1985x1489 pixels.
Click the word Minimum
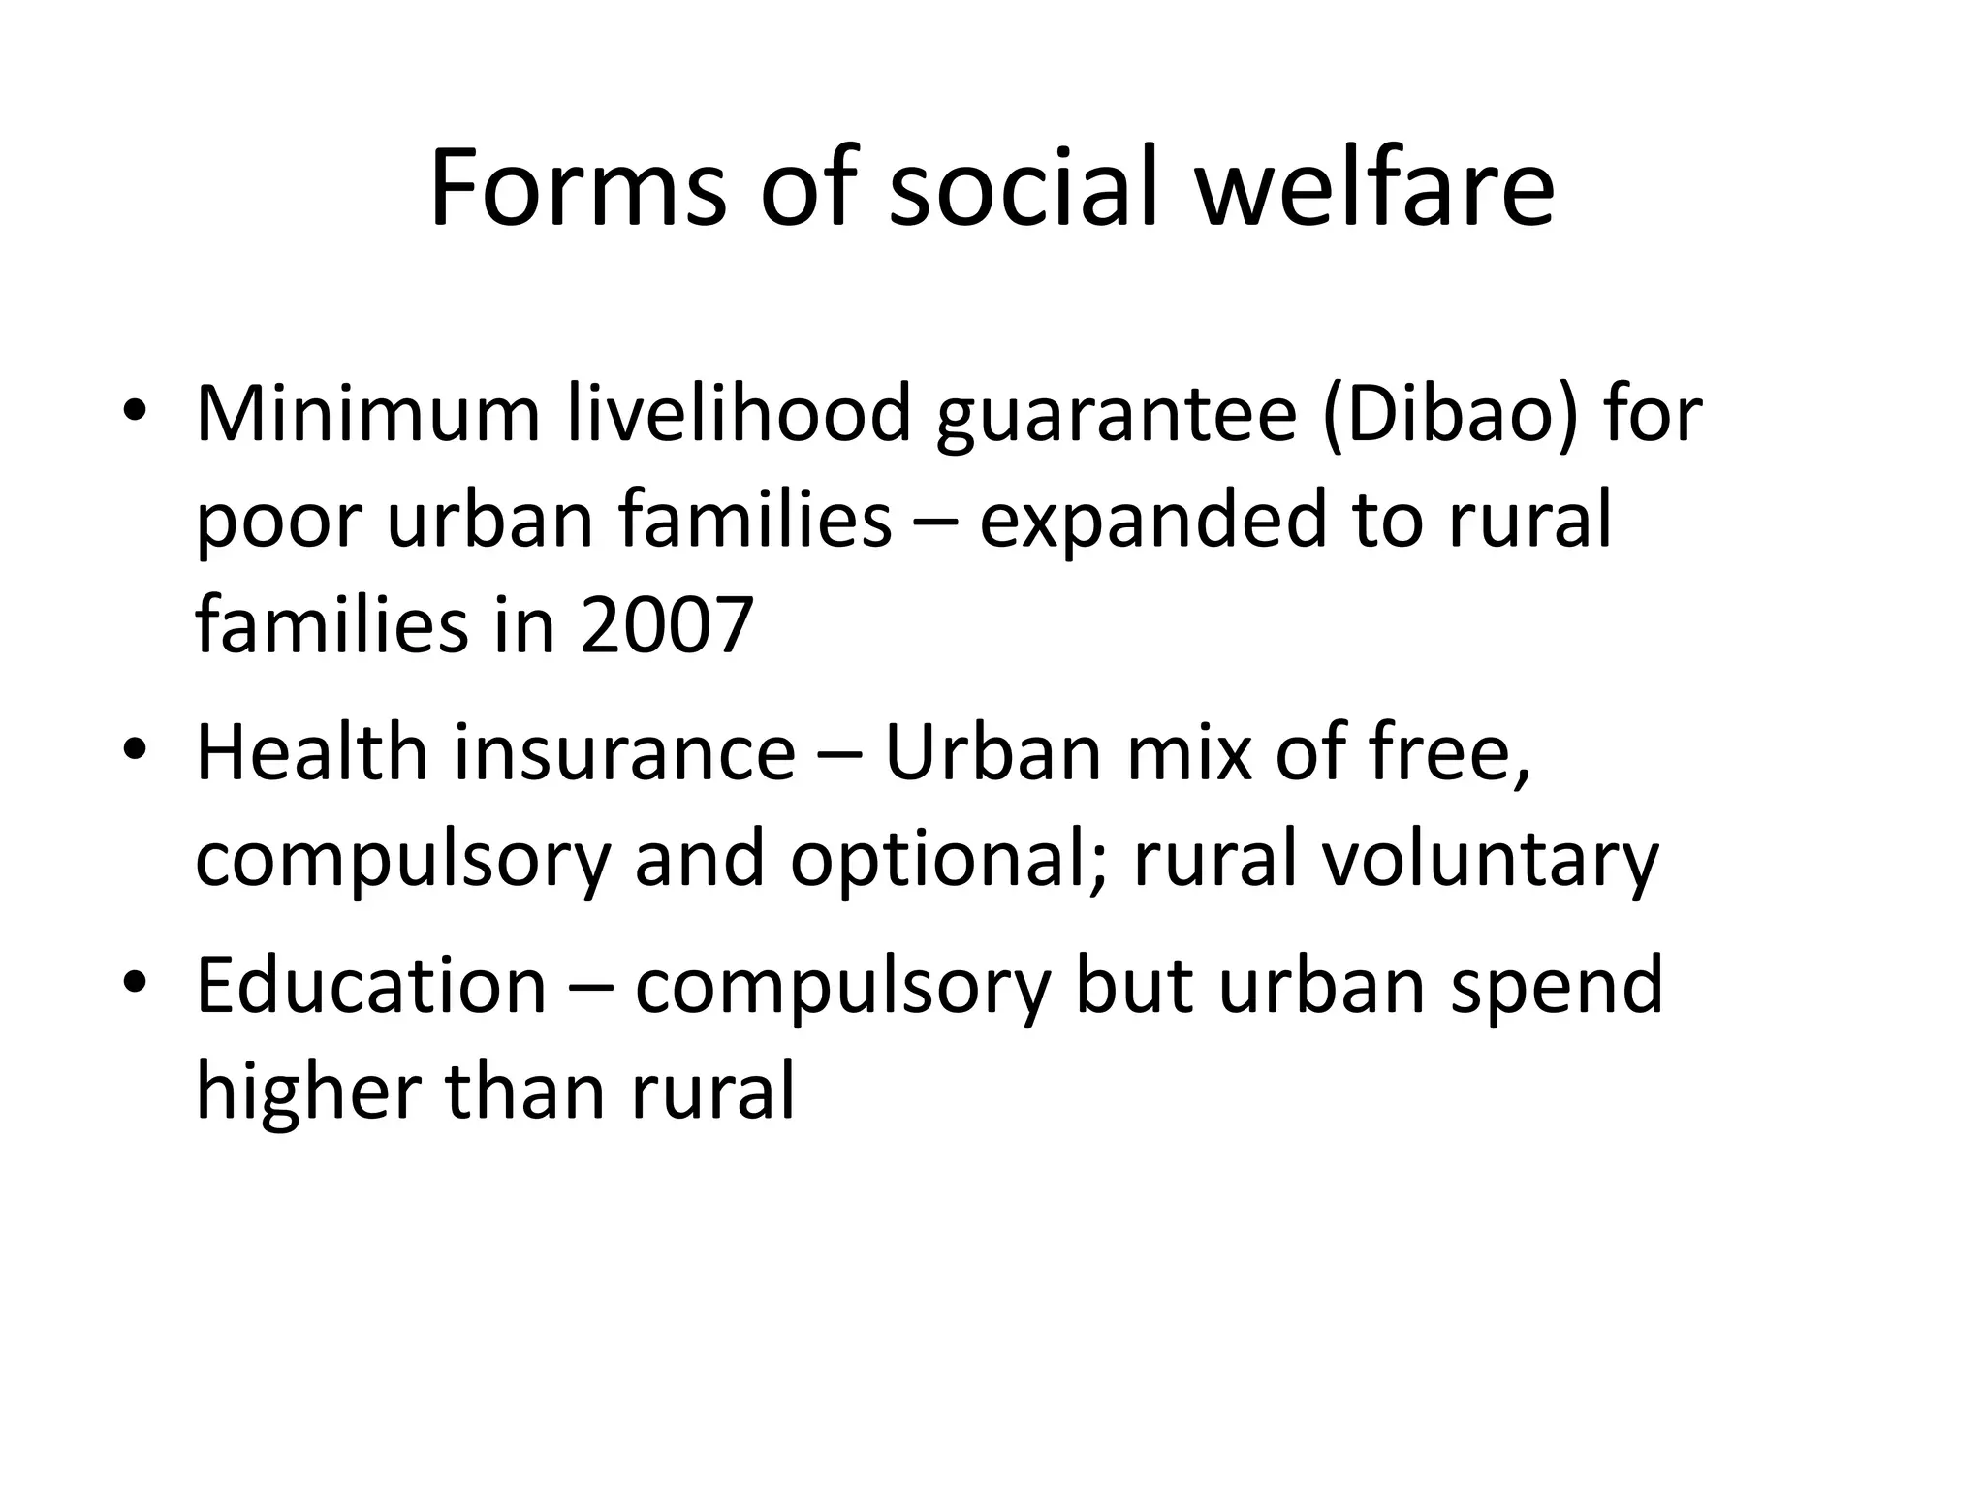367,414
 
